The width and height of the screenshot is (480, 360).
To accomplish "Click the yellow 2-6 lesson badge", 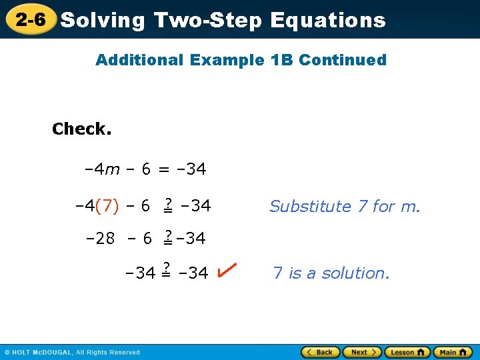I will click(31, 20).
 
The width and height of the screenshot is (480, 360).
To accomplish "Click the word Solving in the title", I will click(102, 20).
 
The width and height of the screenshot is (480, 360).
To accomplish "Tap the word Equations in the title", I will click(327, 20).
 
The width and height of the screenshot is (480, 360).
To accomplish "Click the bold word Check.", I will click(81, 129).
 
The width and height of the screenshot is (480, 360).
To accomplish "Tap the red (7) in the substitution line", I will click(107, 207).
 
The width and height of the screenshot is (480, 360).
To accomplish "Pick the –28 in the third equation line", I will click(101, 238).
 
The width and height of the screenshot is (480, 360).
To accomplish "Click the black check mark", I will click(226, 270).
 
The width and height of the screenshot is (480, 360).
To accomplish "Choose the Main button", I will click(452, 352).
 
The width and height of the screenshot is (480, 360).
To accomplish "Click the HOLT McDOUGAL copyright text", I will click(72, 352).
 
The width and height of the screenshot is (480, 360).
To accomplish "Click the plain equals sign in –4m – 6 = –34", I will click(163, 170).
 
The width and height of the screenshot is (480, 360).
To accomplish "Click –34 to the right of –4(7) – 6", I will click(196, 207).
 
